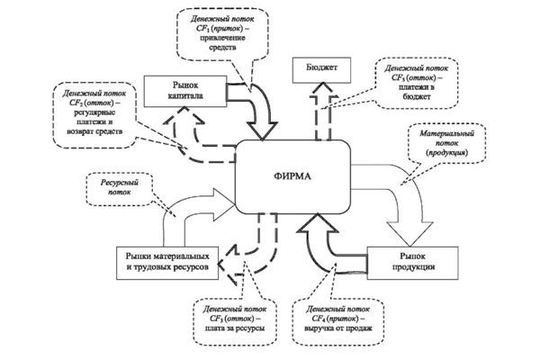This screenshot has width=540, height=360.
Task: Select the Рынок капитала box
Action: pyautogui.click(x=185, y=91)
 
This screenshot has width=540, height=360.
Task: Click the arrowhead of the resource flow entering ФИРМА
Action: pyautogui.click(x=219, y=198)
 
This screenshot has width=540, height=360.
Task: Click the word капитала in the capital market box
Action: pyautogui.click(x=185, y=95)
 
